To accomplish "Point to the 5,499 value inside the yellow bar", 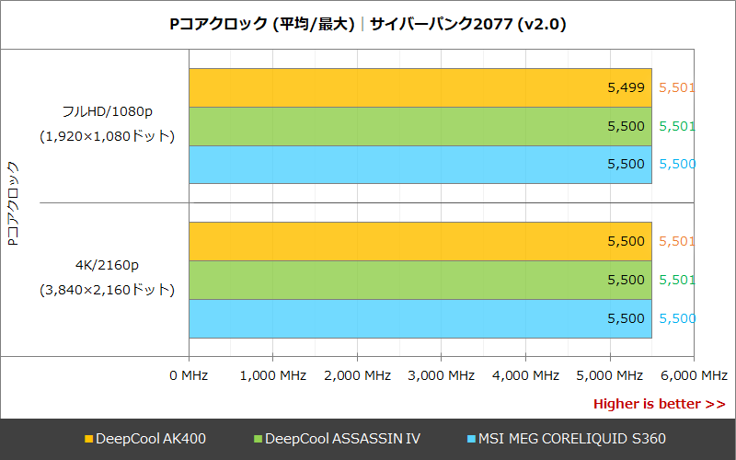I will coord(626,88).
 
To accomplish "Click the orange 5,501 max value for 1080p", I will coord(677,88).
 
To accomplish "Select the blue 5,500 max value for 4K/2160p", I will coord(677,318).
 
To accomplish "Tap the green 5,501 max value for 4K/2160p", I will coord(677,280).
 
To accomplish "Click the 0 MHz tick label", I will coord(190,375).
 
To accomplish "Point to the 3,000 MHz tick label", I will coord(441,375).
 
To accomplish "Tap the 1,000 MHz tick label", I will coord(273,375).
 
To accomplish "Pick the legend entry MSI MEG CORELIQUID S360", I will coord(567,439).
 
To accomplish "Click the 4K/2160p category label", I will coord(107,266).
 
